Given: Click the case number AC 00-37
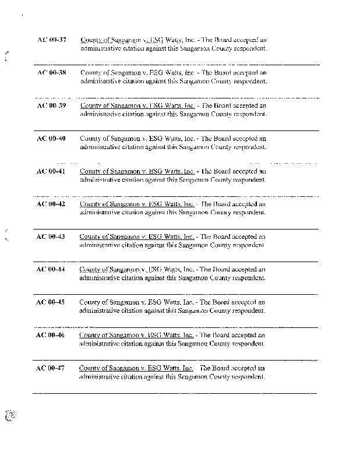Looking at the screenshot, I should [51, 40].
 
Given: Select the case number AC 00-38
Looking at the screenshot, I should [51, 73].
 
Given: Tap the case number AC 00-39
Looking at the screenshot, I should [51, 105].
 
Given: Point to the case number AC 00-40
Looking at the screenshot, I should [51, 139].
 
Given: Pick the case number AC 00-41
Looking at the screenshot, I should [51, 171].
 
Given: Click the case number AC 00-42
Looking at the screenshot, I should [51, 204].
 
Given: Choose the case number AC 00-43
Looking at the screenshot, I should [51, 236].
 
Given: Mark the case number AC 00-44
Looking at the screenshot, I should [51, 269].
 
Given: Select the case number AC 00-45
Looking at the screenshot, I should [51, 302].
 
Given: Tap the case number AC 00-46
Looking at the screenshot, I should [51, 335].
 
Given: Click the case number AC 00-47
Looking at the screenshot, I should [51, 368].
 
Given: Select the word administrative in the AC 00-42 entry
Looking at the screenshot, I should [99, 213].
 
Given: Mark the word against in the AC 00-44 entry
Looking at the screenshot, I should [154, 278].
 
